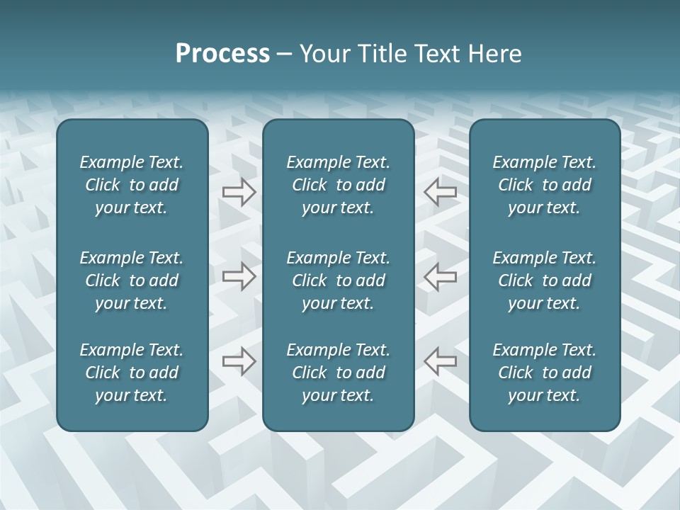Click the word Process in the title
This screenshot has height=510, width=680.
(x=222, y=54)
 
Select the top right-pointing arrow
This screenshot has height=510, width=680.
(x=239, y=192)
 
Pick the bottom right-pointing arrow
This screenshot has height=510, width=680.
(x=239, y=361)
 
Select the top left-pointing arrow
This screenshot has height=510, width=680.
(x=441, y=192)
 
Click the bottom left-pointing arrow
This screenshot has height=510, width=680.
(x=441, y=361)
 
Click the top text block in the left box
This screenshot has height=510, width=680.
(x=132, y=185)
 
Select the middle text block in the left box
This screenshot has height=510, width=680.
(x=132, y=280)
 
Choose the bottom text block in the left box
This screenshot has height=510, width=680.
(x=132, y=373)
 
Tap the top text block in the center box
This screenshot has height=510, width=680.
(x=338, y=185)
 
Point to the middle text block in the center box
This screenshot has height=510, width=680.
(x=338, y=280)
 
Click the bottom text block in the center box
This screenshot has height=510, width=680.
(x=338, y=373)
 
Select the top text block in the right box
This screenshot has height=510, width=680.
(x=544, y=185)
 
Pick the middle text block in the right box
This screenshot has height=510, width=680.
(x=544, y=280)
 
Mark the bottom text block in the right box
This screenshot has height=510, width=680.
(x=544, y=373)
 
